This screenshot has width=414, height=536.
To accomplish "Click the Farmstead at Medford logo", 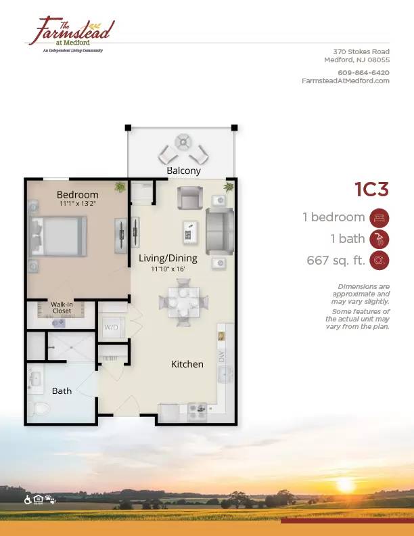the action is point(71,35).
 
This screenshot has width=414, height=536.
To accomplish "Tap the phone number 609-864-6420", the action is point(363,72).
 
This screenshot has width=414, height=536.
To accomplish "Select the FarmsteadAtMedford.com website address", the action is point(346,81).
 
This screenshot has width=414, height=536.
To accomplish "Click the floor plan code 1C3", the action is point(371,189).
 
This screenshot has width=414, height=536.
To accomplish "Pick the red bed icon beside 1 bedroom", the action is point(379,218).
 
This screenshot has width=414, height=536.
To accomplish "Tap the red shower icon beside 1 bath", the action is point(379,239).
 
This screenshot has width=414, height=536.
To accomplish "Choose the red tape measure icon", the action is point(379,260).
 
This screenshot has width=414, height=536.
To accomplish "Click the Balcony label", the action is point(183,171).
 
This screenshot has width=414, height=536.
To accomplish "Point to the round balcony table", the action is point(183,142).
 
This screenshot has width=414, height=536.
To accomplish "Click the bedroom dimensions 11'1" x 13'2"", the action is point(78,204).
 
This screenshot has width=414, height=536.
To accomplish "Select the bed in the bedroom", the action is point(58,236).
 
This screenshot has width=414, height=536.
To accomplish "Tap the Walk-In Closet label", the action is point(62,308).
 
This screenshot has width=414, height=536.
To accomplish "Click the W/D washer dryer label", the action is point(111,327).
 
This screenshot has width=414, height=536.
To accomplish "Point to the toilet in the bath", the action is point(39,409).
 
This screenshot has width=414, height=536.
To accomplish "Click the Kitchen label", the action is point(187,364).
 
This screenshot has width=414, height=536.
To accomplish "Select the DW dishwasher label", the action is point(223,357).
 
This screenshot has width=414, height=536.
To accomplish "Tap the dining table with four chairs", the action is point(183,303).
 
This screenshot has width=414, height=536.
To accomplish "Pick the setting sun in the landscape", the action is point(345,485).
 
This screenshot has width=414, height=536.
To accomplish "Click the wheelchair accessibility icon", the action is point(28,500).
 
